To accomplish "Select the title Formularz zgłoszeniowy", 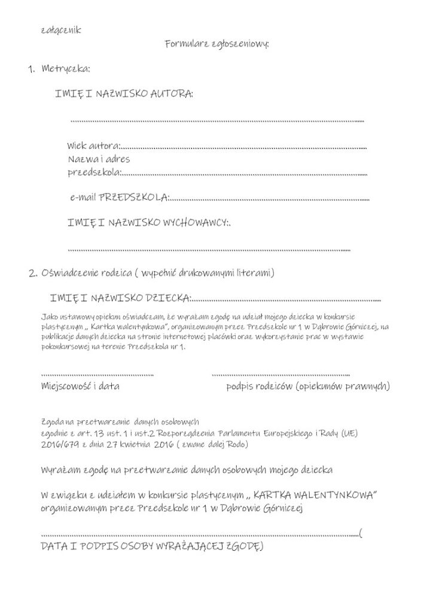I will [216, 44].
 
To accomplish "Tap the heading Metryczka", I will [66, 69].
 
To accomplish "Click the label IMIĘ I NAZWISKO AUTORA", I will [124, 95].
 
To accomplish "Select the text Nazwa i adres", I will [98, 160].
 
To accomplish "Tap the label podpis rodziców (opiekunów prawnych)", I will [307, 386].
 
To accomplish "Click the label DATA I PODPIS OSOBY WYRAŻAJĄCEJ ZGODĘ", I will [152, 546].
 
